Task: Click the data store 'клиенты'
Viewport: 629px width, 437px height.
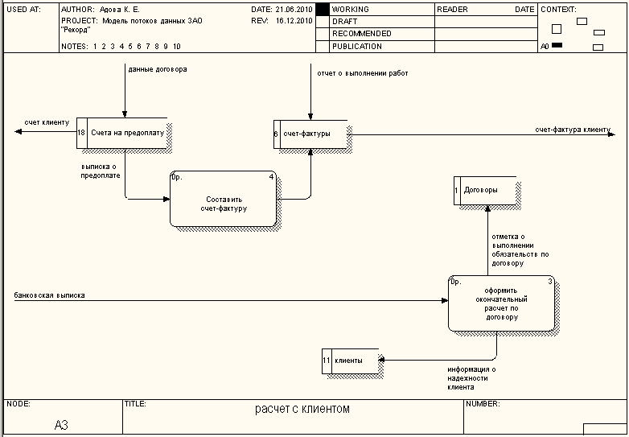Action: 351,360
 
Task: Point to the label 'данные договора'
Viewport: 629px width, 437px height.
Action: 157,69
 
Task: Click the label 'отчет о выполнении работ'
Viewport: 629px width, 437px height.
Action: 364,73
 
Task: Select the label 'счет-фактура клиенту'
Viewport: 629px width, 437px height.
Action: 572,129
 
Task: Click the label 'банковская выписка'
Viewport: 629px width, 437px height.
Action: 49,295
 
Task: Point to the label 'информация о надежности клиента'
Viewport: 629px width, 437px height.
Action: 471,378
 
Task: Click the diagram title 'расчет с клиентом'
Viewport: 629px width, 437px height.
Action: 302,409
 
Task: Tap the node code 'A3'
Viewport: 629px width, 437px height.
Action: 62,424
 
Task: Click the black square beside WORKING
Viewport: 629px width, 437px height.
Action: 323,10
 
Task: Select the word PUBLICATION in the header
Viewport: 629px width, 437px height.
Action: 356,47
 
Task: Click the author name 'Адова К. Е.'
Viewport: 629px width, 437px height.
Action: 119,10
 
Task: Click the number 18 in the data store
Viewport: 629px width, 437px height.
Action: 81,133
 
